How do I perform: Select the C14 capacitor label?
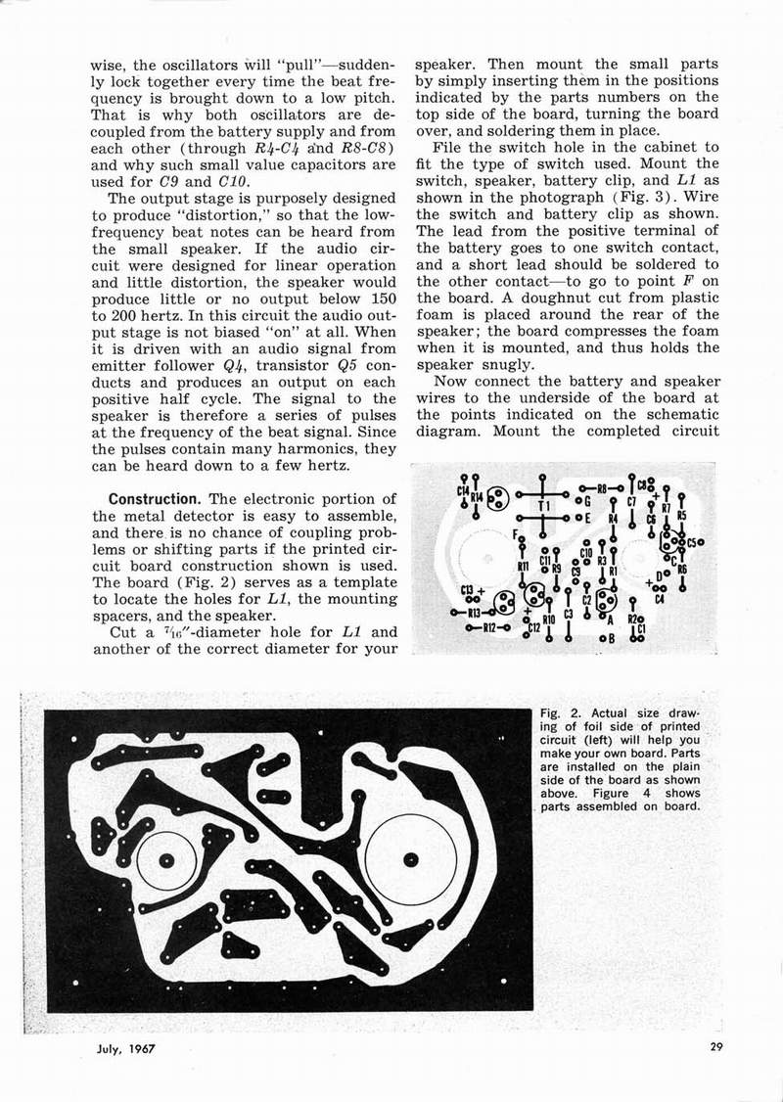point(462,489)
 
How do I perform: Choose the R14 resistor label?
point(477,498)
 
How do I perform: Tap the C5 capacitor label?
point(692,540)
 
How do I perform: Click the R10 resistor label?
point(549,620)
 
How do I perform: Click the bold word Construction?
point(155,498)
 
